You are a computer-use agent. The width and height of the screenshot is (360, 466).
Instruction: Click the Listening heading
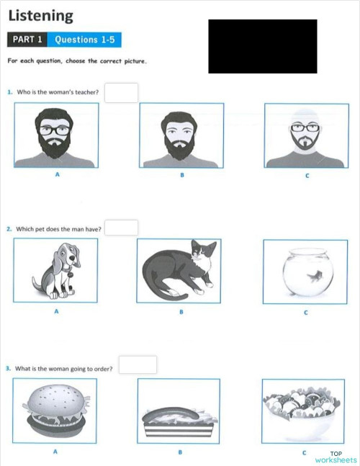tap(40, 15)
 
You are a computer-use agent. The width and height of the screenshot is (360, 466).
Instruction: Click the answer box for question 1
tap(121, 92)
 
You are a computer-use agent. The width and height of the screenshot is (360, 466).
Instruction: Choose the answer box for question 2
tap(121, 228)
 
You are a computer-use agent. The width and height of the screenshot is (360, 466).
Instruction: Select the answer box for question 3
tap(138, 364)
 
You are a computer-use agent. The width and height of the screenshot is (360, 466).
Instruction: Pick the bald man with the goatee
tap(306, 136)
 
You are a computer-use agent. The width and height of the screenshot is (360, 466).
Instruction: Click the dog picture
tap(56, 271)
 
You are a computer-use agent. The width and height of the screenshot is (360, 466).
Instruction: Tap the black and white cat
tap(179, 271)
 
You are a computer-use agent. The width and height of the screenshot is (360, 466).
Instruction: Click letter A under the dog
tap(56, 312)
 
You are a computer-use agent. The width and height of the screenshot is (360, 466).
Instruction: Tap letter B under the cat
tap(181, 312)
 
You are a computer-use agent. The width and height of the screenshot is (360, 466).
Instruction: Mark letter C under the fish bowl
tap(305, 312)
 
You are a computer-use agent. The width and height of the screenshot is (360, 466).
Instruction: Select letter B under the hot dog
tap(180, 452)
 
